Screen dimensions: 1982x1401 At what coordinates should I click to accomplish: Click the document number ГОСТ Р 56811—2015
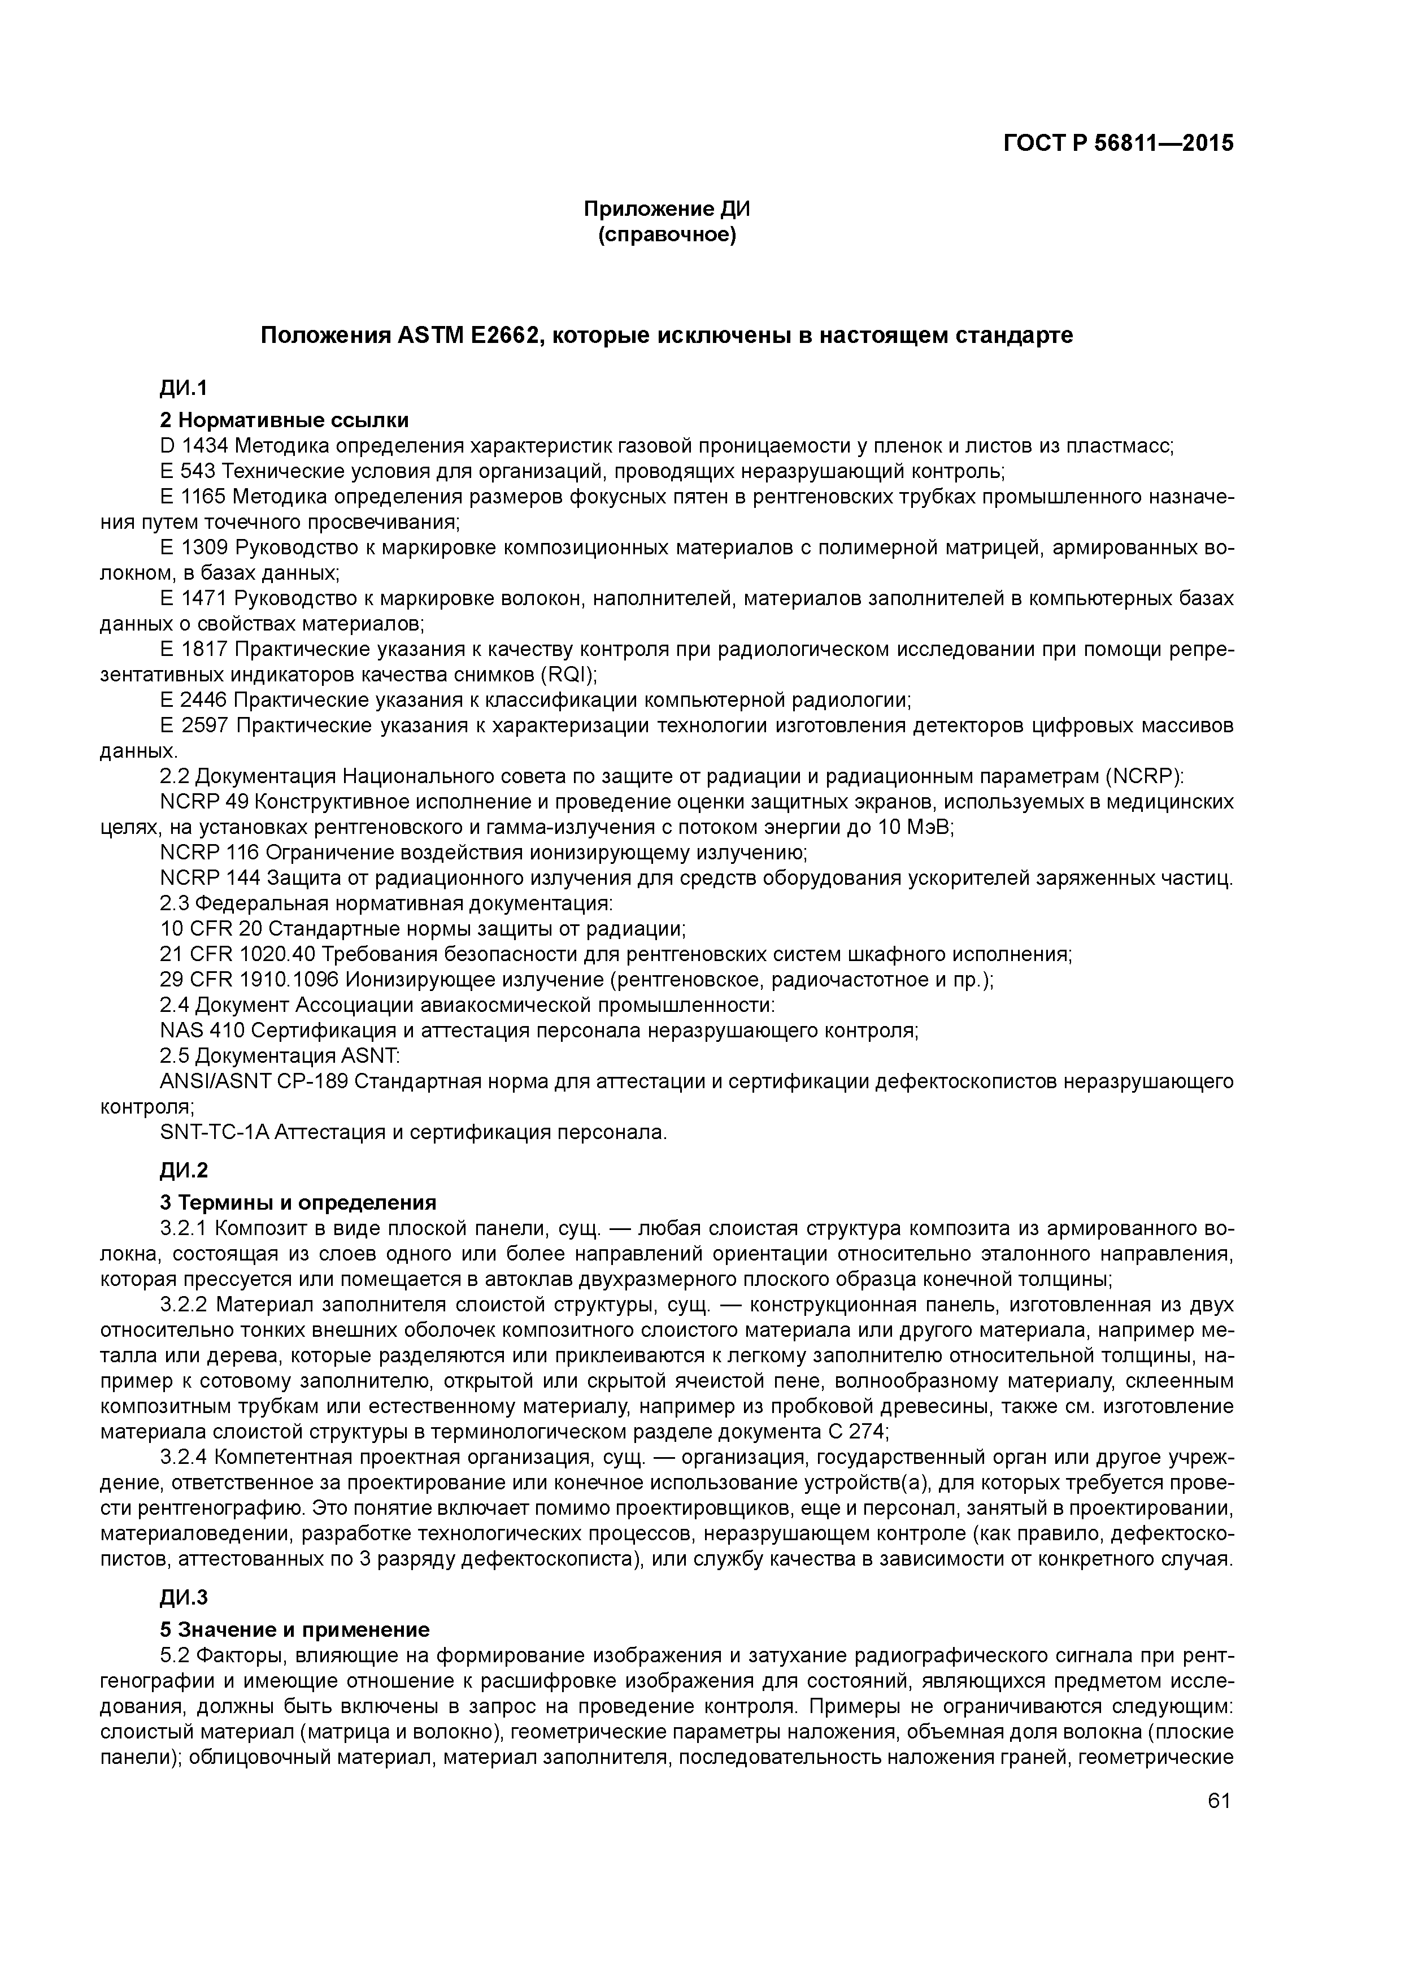click(x=1118, y=144)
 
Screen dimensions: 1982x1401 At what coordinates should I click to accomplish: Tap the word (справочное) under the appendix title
click(x=667, y=235)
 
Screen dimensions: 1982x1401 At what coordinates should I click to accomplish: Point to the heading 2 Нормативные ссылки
click(x=284, y=420)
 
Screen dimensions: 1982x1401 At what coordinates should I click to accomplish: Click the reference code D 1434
click(x=194, y=446)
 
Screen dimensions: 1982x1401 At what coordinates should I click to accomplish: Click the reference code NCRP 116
click(x=210, y=853)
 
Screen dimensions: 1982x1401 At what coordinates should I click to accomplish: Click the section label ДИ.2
click(x=184, y=1171)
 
